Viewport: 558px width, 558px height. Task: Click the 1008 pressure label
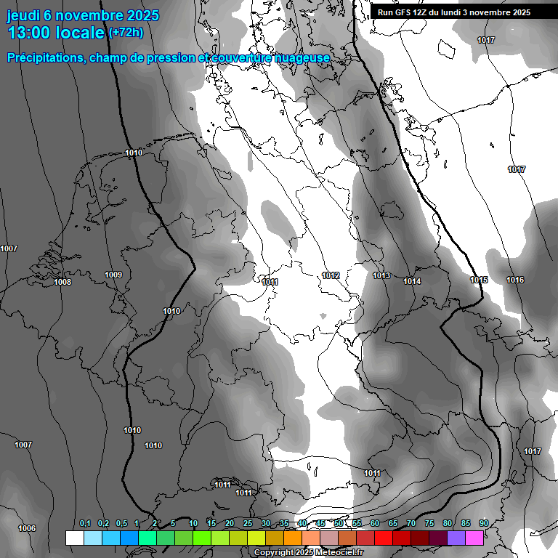(x=62, y=282)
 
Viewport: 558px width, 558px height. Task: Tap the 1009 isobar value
(x=113, y=275)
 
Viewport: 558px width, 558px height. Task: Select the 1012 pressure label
(x=331, y=275)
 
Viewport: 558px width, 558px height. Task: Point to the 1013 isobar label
(x=381, y=275)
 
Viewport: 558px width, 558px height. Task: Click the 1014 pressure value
(x=412, y=281)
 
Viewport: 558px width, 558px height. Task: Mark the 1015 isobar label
(x=479, y=280)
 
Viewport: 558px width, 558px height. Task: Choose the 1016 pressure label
(x=515, y=280)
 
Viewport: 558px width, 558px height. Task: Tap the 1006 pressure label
(x=27, y=528)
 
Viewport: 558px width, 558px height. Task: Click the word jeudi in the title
(x=23, y=15)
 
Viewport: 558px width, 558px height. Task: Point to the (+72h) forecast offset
(x=126, y=33)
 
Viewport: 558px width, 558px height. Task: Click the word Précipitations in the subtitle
(x=44, y=57)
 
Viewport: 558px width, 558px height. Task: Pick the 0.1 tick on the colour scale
(x=85, y=523)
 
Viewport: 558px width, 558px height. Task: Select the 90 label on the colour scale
(x=484, y=523)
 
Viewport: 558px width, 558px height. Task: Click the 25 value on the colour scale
(x=248, y=523)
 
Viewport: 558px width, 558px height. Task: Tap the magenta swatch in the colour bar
(x=474, y=538)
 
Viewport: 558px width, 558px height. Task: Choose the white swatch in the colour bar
(x=74, y=538)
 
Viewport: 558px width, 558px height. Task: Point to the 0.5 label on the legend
(x=121, y=523)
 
